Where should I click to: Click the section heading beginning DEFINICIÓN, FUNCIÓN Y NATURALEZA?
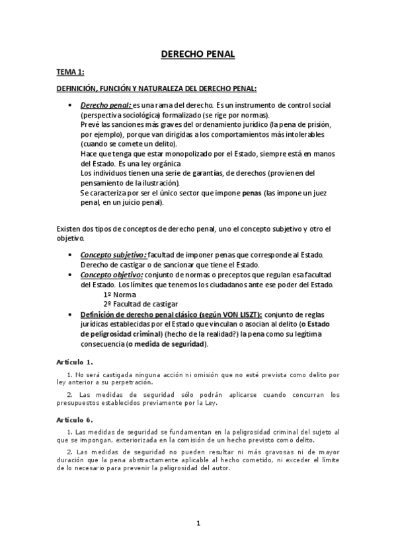[x=156, y=88]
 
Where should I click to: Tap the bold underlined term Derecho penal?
[x=106, y=106]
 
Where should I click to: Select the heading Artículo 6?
[x=74, y=419]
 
